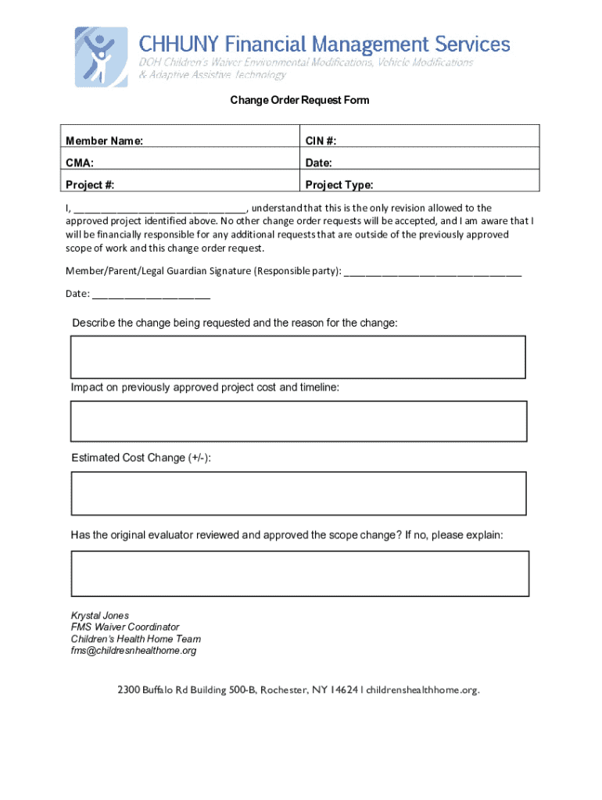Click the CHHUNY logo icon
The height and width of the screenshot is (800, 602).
(102, 56)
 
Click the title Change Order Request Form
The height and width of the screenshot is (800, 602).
(299, 101)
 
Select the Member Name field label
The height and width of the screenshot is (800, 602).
(104, 141)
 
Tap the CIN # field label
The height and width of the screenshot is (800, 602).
(321, 141)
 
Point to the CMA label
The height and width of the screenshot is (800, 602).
(80, 163)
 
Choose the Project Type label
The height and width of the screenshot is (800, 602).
(339, 185)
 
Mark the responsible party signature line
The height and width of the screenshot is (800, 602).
(432, 273)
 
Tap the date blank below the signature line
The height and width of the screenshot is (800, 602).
(151, 295)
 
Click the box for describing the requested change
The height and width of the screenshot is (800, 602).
(298, 357)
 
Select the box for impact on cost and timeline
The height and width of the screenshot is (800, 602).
(299, 422)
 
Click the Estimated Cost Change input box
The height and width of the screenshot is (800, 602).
(298, 493)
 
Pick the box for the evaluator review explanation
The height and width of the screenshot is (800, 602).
(299, 573)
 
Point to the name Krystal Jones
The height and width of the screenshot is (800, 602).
(100, 616)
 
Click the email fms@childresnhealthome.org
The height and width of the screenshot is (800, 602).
(134, 651)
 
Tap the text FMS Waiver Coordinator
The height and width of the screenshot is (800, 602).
(125, 627)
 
